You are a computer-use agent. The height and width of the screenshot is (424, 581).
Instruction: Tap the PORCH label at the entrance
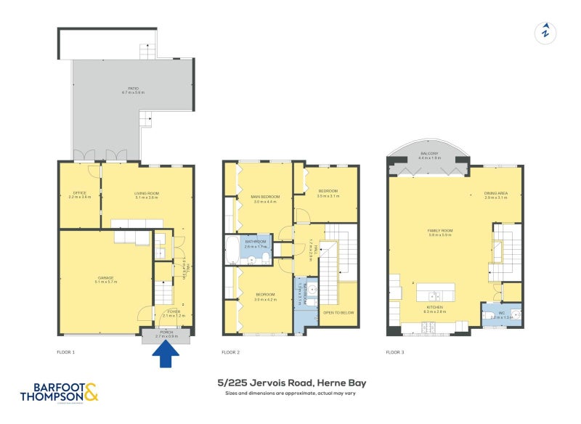pyautogui.click(x=166, y=335)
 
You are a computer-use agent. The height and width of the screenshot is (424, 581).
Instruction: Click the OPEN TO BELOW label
pyautogui.click(x=338, y=312)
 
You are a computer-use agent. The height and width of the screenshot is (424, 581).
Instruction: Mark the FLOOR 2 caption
pyautogui.click(x=231, y=352)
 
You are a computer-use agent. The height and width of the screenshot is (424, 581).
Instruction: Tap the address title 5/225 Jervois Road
pyautogui.click(x=291, y=382)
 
